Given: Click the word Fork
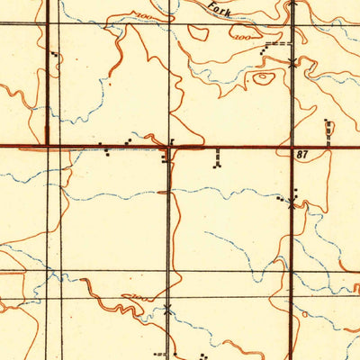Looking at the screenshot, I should tap(218, 10).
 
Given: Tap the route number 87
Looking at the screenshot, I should tap(303, 156).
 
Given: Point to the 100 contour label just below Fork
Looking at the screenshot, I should tap(240, 38).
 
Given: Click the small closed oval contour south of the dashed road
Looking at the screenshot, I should tap(262, 78).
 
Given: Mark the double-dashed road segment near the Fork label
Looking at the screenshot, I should tap(280, 43).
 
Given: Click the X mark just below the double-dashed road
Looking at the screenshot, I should tap(292, 61).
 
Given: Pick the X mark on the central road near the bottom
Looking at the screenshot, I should tap(167, 311).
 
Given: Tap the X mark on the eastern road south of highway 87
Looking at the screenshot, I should tap(291, 204).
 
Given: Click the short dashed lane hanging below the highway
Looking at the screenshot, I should tap(217, 158).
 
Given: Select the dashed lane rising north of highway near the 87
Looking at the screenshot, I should tap(328, 131).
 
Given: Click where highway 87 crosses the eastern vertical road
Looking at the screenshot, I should tap(292, 147).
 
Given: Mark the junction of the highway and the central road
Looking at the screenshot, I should tap(169, 147).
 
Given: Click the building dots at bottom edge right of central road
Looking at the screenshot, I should tap(202, 355).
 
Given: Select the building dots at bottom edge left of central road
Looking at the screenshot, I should tap(160, 354).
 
